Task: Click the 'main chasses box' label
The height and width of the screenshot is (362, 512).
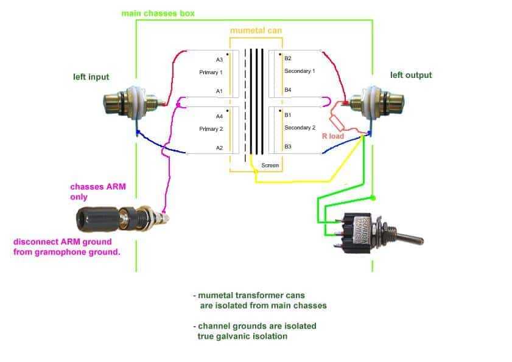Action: coord(158,14)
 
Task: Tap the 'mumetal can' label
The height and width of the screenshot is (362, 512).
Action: coord(256,30)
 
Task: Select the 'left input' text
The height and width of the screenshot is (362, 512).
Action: coord(91,77)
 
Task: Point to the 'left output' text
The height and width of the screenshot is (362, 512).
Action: coord(411,75)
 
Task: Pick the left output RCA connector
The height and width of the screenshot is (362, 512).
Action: coord(376,102)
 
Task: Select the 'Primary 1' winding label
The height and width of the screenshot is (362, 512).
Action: coord(211,72)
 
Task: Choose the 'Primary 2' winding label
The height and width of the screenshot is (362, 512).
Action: coord(211,129)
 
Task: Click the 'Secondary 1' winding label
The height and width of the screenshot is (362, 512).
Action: coord(300,71)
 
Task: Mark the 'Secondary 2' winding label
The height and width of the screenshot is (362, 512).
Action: coord(300,128)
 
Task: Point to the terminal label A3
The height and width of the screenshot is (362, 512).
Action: coord(219,60)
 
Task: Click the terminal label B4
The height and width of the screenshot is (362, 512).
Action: coord(288,90)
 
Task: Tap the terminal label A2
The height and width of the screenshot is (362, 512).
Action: coord(219,148)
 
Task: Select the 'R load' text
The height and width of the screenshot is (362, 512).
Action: coord(333,136)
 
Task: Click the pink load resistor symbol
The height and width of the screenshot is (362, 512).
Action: coord(336,123)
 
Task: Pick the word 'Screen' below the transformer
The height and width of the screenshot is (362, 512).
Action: coord(270,165)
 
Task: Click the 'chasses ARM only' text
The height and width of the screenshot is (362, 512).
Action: coord(98,192)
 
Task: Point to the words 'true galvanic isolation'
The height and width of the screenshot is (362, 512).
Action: coord(242,336)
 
